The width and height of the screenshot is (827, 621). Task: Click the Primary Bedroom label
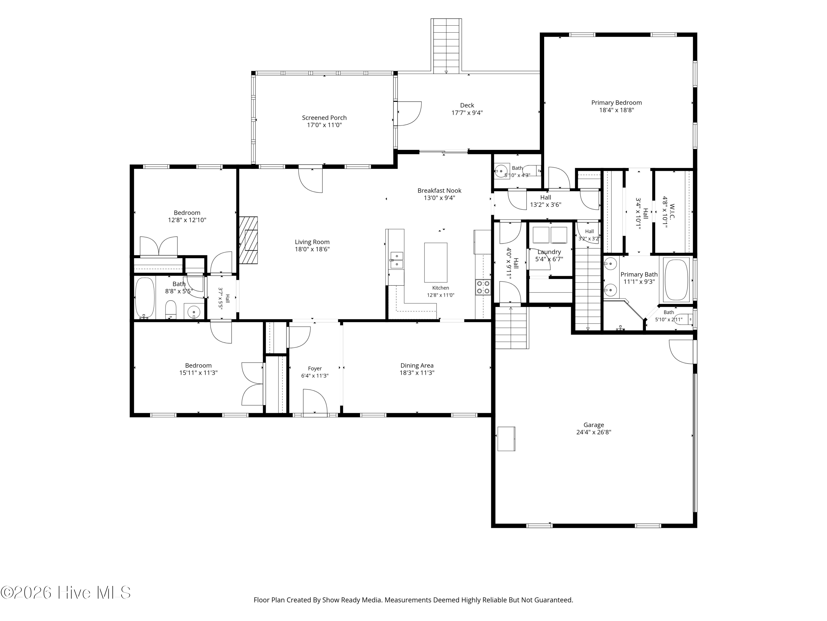(616, 103)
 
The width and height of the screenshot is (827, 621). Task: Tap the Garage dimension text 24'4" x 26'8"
(594, 432)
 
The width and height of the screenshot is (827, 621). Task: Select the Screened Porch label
(324, 118)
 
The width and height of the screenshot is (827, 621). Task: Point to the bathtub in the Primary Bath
(676, 280)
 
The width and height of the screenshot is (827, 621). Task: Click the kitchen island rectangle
(436, 262)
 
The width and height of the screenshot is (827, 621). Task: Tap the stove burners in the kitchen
(483, 287)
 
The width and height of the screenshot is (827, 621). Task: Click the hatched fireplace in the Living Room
(248, 240)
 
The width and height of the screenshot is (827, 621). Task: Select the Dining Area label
(417, 365)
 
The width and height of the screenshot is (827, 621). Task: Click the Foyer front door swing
(315, 402)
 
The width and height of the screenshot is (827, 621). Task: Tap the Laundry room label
(549, 252)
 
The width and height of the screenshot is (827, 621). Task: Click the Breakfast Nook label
(439, 190)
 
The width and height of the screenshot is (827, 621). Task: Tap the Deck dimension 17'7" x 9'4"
(467, 113)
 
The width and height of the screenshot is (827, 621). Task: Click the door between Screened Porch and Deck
(409, 113)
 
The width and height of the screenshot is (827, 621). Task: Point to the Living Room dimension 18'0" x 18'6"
(312, 249)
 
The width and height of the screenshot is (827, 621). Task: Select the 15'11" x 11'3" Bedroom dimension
(198, 373)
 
